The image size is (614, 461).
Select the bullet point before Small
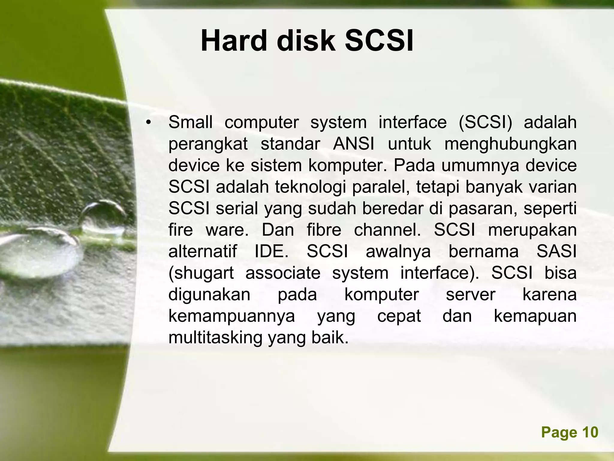coord(148,123)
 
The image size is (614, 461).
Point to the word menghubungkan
coord(510,144)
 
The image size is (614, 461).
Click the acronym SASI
coord(556,252)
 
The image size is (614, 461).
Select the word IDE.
coord(271,252)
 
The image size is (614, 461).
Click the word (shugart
coord(201,273)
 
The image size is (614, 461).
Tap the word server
coord(470,295)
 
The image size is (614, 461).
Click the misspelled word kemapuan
coord(535,316)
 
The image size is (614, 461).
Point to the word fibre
coord(324,230)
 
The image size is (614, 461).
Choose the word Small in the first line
coord(190,122)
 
